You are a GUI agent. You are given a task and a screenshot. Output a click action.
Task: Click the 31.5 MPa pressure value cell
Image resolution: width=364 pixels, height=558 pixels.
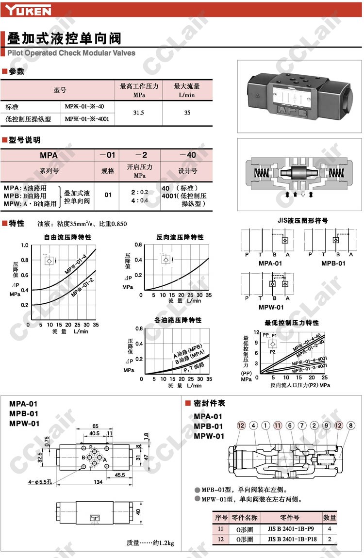tap(139, 113)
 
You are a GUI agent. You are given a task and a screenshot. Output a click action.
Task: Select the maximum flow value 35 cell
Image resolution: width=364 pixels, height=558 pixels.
tap(187, 113)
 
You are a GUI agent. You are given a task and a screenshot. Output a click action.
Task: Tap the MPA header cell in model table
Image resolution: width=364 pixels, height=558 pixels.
tap(48, 155)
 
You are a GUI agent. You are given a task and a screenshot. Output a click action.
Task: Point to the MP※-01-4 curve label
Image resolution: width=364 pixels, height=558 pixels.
tap(76, 265)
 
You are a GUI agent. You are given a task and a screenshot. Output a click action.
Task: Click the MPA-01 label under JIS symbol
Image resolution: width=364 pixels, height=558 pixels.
tap(270, 263)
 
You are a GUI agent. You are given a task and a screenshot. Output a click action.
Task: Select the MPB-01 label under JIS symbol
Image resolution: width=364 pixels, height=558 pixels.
tap(333, 263)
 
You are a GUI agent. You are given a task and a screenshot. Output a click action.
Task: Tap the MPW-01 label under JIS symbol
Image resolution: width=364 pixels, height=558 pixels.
tap(270, 307)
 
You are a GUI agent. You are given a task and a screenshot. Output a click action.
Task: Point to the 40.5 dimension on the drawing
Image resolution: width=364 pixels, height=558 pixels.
tap(94, 433)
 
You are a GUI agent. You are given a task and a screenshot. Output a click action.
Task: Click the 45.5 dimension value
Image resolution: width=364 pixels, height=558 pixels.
tap(120, 475)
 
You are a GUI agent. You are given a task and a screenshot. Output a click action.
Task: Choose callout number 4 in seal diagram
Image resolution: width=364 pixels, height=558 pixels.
tap(253, 426)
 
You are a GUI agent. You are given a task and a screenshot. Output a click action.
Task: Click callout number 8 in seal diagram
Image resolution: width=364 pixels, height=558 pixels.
tap(351, 426)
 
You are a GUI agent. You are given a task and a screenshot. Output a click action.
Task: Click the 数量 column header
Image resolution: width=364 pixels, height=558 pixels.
tap(330, 518)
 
